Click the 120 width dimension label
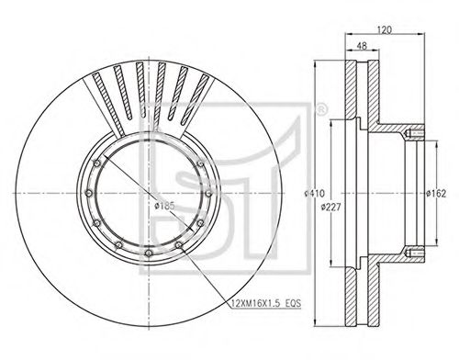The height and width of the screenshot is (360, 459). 385,30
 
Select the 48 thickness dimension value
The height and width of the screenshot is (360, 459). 362,46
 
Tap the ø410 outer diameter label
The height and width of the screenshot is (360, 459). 314,194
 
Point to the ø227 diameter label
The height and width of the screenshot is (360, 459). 330,208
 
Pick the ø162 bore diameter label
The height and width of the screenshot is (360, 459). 436,194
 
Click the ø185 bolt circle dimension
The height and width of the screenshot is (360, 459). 164,206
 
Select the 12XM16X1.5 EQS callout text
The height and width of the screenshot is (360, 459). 266,303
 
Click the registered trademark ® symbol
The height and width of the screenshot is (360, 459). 321,109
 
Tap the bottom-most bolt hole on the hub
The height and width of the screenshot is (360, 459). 149,253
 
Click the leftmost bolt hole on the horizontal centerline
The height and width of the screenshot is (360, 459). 89,193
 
